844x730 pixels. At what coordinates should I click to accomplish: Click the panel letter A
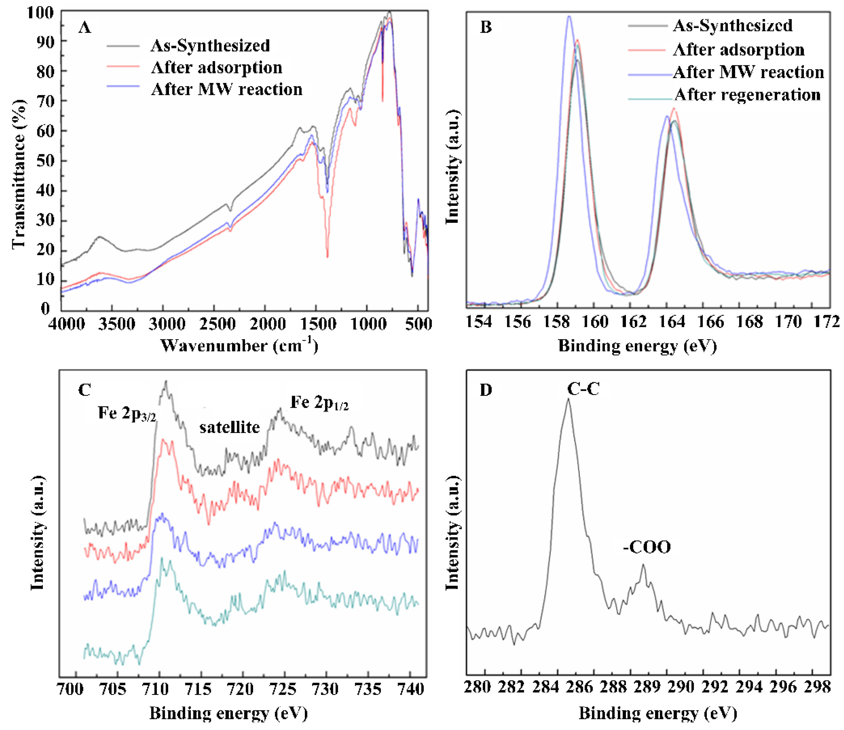tap(85, 28)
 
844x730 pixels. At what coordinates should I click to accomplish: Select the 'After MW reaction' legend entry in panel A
tap(227, 89)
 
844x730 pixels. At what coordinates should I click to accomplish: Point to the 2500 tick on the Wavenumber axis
tap(215, 324)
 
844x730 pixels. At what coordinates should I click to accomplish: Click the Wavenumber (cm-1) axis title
tap(239, 346)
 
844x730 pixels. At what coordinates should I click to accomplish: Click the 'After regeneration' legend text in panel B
tap(747, 94)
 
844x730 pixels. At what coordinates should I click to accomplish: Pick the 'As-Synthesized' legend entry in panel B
tap(732, 26)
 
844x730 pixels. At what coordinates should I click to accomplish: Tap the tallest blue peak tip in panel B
tap(569, 16)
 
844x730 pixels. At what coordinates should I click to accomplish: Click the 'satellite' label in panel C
tap(229, 427)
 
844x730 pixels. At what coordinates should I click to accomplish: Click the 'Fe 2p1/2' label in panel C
tap(319, 403)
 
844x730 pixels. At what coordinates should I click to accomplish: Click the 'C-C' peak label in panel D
tap(583, 389)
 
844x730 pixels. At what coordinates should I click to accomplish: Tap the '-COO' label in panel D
tap(647, 547)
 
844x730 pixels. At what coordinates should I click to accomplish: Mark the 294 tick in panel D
tap(749, 687)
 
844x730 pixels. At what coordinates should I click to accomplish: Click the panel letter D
tap(486, 390)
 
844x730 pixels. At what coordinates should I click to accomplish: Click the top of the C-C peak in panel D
tap(569, 399)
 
